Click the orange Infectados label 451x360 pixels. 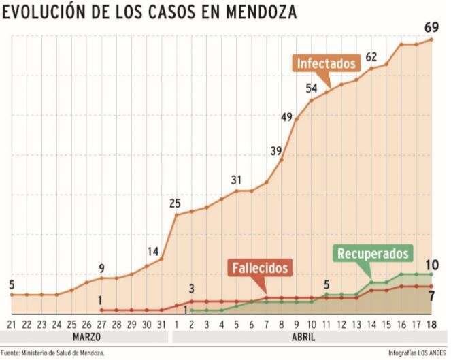pos(327,63)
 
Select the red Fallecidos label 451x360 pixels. pos(260,267)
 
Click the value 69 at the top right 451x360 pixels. pos(431,27)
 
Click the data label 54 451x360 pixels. pos(312,88)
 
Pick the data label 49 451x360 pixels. pos(287,117)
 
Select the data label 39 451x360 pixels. pos(276,150)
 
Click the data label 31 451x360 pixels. pos(236,180)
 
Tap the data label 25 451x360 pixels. pos(175,203)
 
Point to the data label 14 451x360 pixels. pos(152,251)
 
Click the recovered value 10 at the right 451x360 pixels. pos(431,265)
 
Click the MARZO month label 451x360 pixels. pos(86,336)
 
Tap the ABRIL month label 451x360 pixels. pos(304,336)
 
